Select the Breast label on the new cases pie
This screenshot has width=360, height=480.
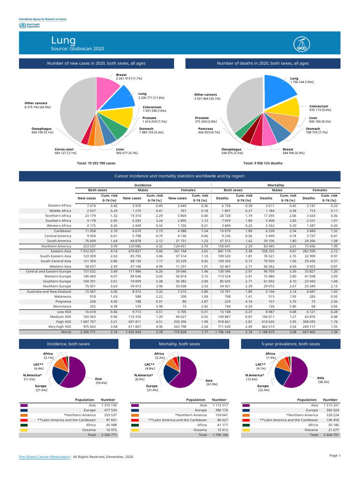(121, 75)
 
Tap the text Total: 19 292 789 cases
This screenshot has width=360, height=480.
(96, 163)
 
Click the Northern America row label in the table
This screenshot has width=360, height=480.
(56, 246)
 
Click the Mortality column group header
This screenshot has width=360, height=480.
(275, 186)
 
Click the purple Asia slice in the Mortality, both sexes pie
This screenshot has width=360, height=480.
(182, 375)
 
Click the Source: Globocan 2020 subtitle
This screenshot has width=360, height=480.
(77, 49)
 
